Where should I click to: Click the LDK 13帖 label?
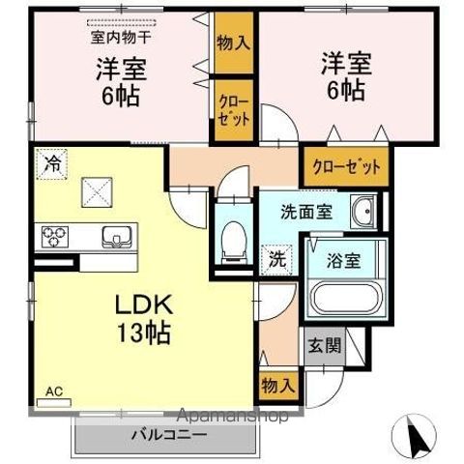[x=144, y=322]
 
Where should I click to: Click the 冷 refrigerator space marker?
[x=50, y=165]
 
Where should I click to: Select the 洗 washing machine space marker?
[x=276, y=259]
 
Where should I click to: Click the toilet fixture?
[x=232, y=241]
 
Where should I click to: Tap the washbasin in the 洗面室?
[x=363, y=213]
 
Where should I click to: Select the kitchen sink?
[x=114, y=237]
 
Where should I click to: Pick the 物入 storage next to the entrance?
[x=277, y=385]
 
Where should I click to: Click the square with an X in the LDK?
[x=97, y=190]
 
